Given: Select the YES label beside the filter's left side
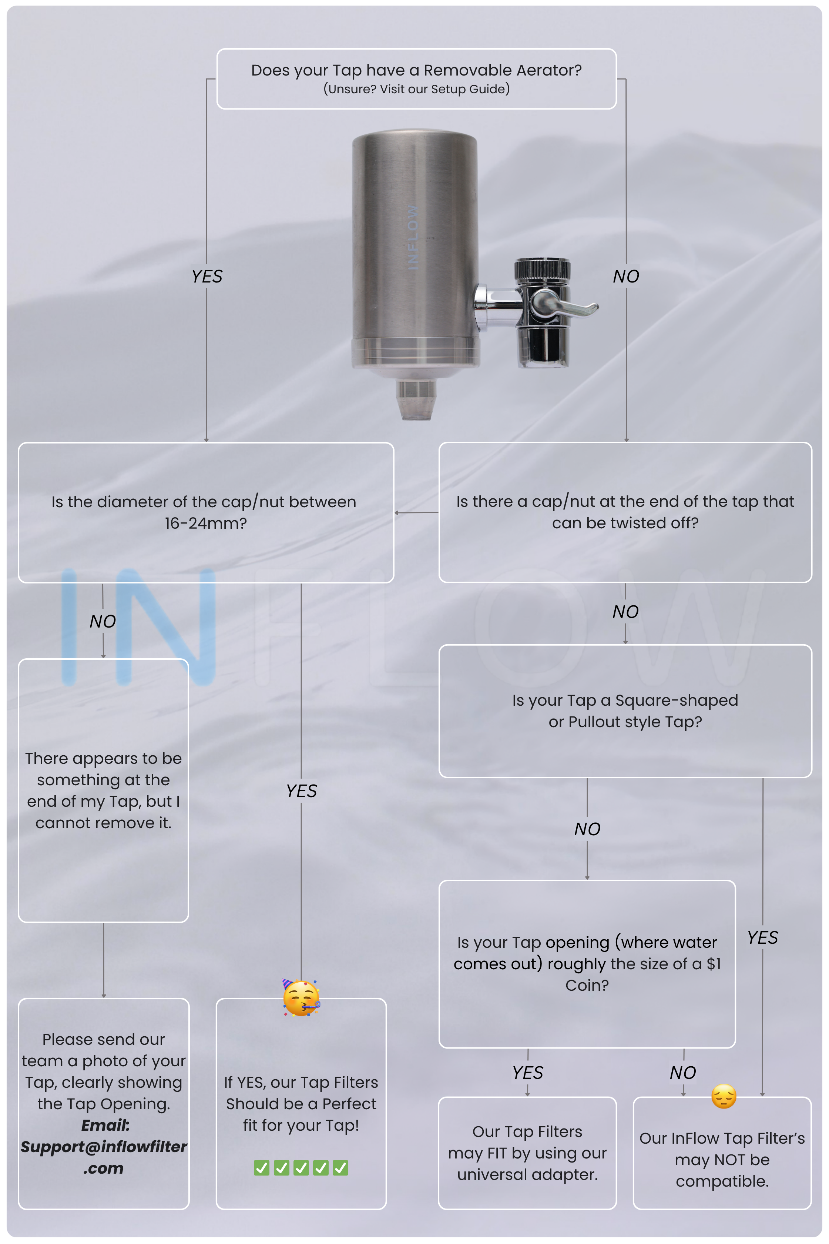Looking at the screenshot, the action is point(207,276).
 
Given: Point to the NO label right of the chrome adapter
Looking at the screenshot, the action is point(626,276).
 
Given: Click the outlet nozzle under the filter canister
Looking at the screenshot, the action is point(416,399).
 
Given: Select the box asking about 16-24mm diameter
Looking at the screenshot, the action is point(206,512).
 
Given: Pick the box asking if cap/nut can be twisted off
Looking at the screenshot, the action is point(625,512).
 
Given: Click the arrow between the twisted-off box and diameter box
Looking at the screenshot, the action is point(417,512).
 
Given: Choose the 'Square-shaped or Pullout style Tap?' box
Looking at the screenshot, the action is point(625,711).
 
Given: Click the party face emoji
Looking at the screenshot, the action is point(301,998).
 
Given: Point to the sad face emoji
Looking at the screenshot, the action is point(724,1096).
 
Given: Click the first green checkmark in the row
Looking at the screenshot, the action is point(262,1167).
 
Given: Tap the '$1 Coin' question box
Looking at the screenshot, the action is point(587,964).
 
